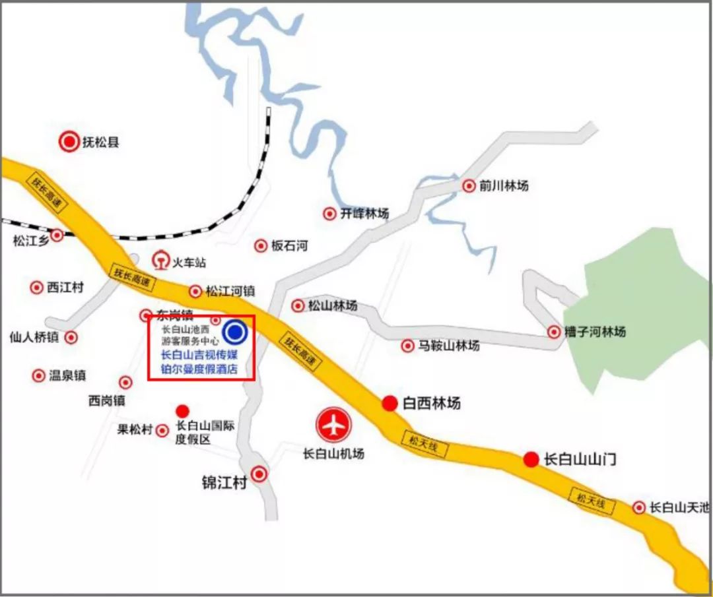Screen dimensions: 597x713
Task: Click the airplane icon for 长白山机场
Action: pos(335,425)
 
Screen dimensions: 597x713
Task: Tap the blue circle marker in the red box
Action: pos(235,332)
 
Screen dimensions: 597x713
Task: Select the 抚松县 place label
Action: pos(101,142)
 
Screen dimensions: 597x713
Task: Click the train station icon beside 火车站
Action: pos(160,261)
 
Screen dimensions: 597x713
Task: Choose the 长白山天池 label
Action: pos(679,507)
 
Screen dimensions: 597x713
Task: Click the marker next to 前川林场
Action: pos(469,186)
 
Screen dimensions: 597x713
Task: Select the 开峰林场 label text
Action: pos(364,214)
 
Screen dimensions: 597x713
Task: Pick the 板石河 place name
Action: pos(290,246)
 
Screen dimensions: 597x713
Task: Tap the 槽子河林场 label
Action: pos(595,332)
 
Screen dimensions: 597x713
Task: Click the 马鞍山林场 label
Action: pos(449,346)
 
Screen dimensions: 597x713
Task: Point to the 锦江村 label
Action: pos(224,482)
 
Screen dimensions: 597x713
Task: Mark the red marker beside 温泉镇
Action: pos(38,375)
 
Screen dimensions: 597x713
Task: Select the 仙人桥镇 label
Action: pos(34,337)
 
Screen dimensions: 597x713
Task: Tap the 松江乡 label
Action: pos(30,241)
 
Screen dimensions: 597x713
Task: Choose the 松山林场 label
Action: pos(333,305)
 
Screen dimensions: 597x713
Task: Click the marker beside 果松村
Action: pos(162,431)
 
